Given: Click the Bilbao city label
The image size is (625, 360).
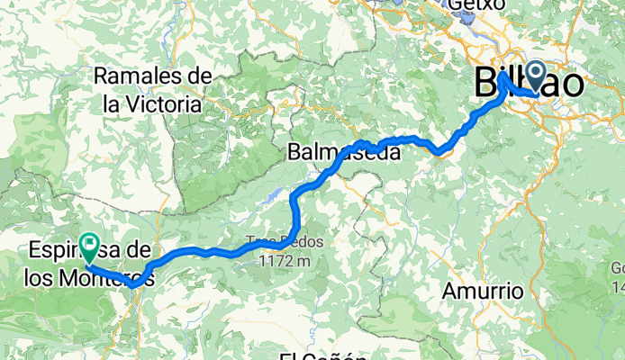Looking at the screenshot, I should pos(528,85).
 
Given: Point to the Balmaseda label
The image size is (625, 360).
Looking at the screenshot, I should pos(344,153).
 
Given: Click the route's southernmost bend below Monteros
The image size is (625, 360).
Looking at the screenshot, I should pos(133,284).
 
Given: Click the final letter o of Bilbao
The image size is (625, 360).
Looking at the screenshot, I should pos(571,85).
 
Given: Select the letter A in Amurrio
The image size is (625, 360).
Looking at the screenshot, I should pos(451,292).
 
